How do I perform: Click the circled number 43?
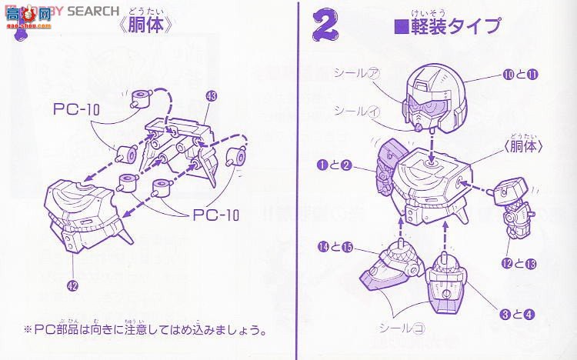pyautogui.click(x=212, y=96)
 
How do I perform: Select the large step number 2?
pyautogui.click(x=326, y=26)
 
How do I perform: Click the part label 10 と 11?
pyautogui.click(x=520, y=75)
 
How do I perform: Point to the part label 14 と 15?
pyautogui.click(x=336, y=247)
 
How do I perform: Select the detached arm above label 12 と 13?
pyautogui.click(x=514, y=206)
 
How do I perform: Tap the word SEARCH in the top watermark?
pyautogui.click(x=93, y=11)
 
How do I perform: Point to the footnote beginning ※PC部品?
pyautogui.click(x=146, y=330)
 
